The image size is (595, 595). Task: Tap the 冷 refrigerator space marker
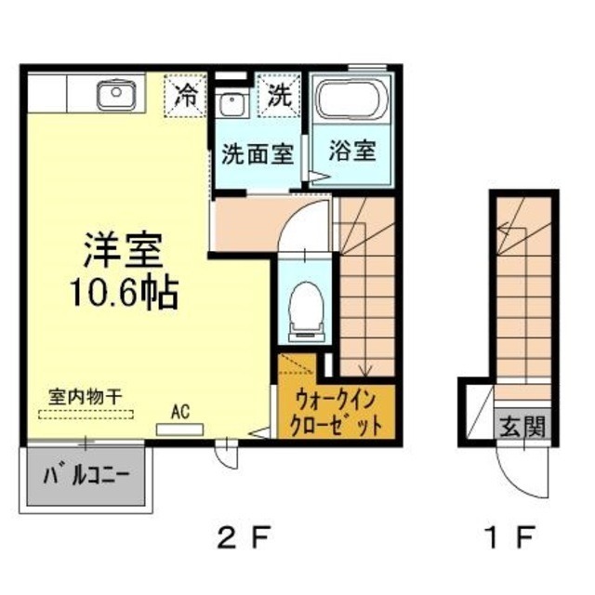[x=186, y=94]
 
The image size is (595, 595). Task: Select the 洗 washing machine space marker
[x=280, y=94]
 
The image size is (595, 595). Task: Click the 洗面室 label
[x=258, y=153]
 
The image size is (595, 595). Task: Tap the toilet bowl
[x=304, y=307]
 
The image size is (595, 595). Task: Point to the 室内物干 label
[x=86, y=395]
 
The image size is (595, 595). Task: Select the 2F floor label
[x=243, y=536]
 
